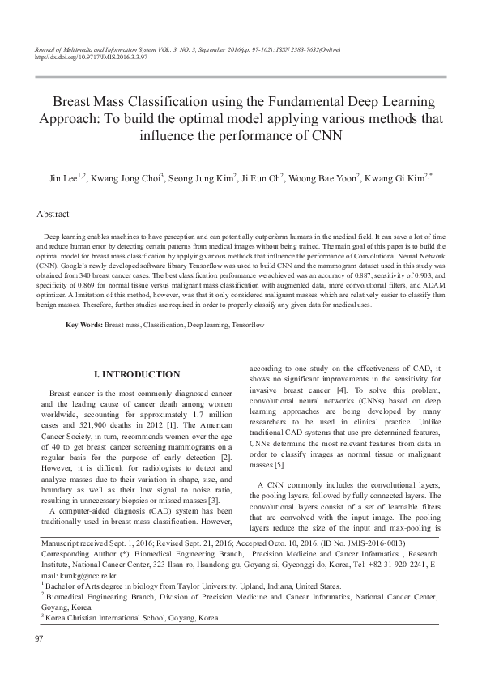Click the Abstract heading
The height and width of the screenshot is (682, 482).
[51, 215]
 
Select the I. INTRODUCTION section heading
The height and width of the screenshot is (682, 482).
[137, 374]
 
